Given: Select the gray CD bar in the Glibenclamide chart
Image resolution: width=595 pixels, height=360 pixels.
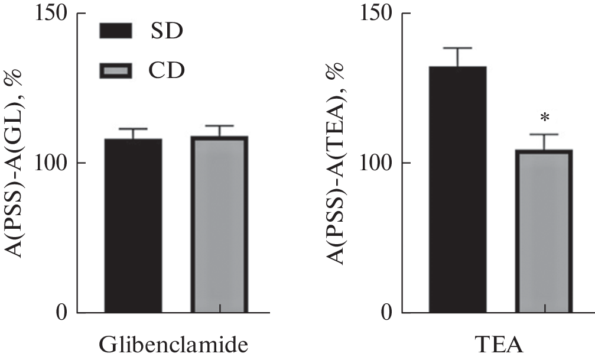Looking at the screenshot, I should [x=219, y=224].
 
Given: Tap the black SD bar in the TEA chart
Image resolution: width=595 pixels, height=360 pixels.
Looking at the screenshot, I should [x=458, y=189].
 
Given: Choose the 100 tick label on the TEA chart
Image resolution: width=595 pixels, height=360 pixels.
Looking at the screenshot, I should [x=376, y=163].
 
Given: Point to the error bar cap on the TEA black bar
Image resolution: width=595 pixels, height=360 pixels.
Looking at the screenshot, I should [x=458, y=48].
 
